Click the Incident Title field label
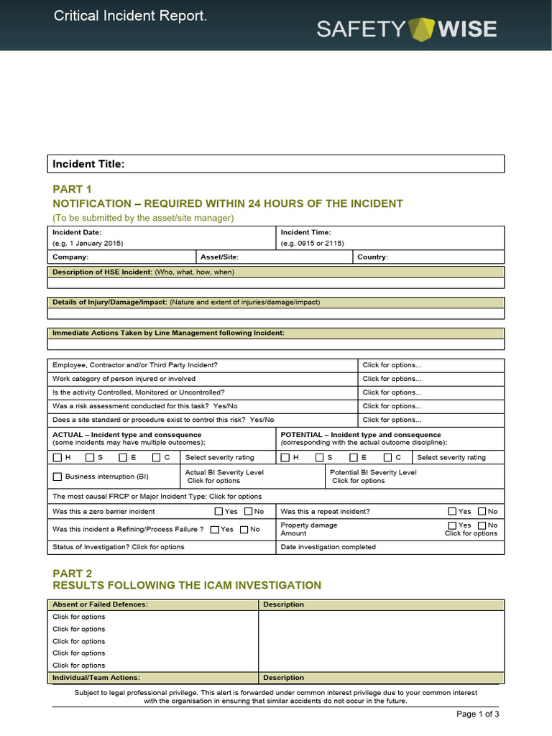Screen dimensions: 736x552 (x=88, y=165)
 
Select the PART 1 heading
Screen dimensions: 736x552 (x=72, y=189)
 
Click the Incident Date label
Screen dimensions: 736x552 (x=77, y=232)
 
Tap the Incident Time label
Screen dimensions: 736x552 (x=305, y=232)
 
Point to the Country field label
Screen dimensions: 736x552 (x=372, y=257)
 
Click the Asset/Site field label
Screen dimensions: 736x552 (x=219, y=257)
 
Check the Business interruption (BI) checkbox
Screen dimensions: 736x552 (x=57, y=477)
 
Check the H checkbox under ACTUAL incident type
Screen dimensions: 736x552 (x=57, y=457)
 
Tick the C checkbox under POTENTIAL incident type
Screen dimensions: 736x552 (x=387, y=457)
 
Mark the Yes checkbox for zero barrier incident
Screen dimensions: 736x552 (x=219, y=512)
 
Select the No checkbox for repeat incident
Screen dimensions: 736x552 (x=482, y=512)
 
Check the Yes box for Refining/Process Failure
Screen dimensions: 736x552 (x=215, y=530)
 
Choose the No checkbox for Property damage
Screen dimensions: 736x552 (x=482, y=525)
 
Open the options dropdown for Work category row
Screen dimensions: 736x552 (x=392, y=379)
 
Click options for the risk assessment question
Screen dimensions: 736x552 (x=392, y=406)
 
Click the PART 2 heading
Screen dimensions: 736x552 (x=72, y=573)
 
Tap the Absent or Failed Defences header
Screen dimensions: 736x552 (x=100, y=604)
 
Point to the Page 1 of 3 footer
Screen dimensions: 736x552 (x=478, y=714)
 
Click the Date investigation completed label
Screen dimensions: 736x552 (x=328, y=547)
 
